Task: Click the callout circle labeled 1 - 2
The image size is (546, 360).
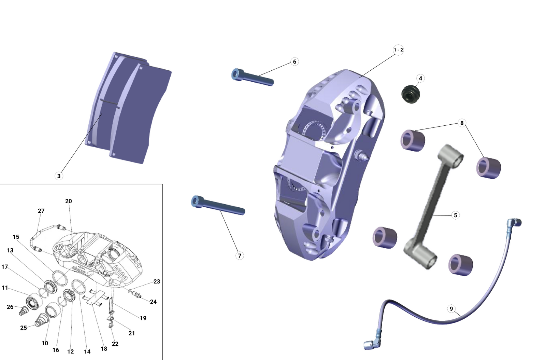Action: click(398, 50)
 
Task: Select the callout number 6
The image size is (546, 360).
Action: click(294, 61)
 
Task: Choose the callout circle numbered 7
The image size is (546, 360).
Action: click(240, 255)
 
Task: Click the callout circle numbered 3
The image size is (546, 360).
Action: click(59, 176)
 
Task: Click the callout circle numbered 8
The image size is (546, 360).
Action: click(462, 123)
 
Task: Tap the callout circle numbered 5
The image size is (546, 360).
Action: click(455, 215)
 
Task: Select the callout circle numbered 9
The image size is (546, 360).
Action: click(451, 309)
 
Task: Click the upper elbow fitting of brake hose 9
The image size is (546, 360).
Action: click(514, 223)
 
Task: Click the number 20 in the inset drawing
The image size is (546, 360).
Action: click(69, 201)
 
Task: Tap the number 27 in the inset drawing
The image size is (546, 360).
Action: click(41, 211)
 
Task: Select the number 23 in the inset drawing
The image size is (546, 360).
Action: click(157, 281)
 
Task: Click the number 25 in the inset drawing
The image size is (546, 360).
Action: click(23, 328)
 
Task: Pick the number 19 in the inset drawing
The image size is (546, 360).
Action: click(143, 318)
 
